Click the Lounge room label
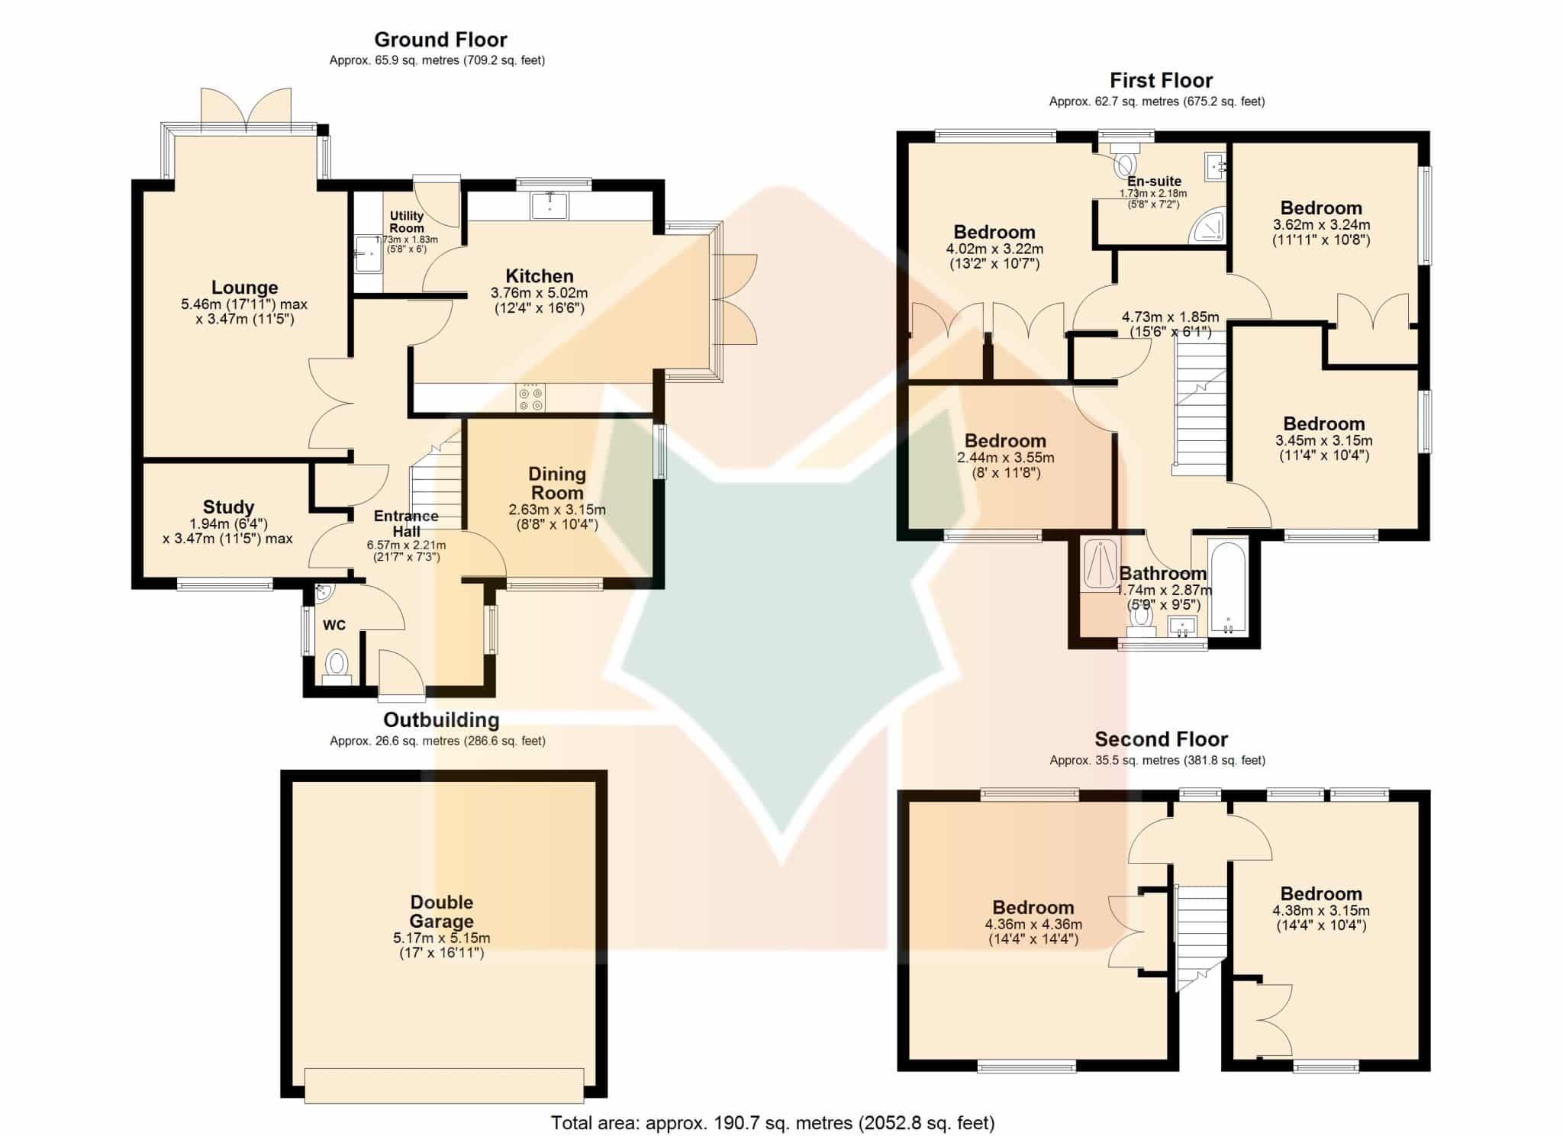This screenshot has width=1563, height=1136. tap(244, 288)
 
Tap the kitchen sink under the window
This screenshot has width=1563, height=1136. tap(549, 205)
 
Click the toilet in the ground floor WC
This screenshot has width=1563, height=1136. tap(336, 665)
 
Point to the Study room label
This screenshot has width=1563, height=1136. tap(228, 507)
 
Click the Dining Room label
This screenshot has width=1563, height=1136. tap(557, 483)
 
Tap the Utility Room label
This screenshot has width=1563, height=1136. tap(407, 222)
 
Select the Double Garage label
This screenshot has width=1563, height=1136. tap(442, 912)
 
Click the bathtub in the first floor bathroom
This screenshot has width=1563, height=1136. tap(1227, 587)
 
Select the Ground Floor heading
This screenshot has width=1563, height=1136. tap(440, 40)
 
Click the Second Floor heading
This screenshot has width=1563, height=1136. tap(1161, 739)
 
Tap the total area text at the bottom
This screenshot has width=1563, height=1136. tap(773, 1122)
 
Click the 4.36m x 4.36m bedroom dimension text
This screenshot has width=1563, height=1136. tap(1033, 925)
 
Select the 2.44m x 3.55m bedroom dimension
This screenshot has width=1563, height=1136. tap(1006, 458)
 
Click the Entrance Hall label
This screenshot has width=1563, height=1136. tap(406, 523)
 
